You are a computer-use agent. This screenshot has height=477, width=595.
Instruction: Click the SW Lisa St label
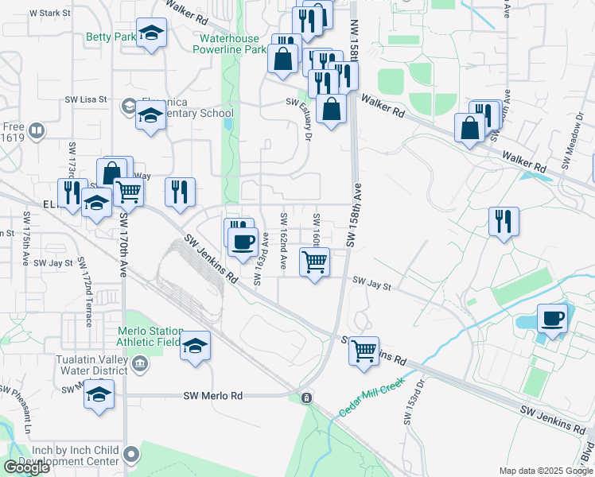pyautogui.click(x=85, y=99)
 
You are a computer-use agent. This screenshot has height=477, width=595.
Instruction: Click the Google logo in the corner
pyautogui.click(x=25, y=467)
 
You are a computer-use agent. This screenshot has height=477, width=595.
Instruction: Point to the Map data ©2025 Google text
pyautogui.click(x=546, y=471)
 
